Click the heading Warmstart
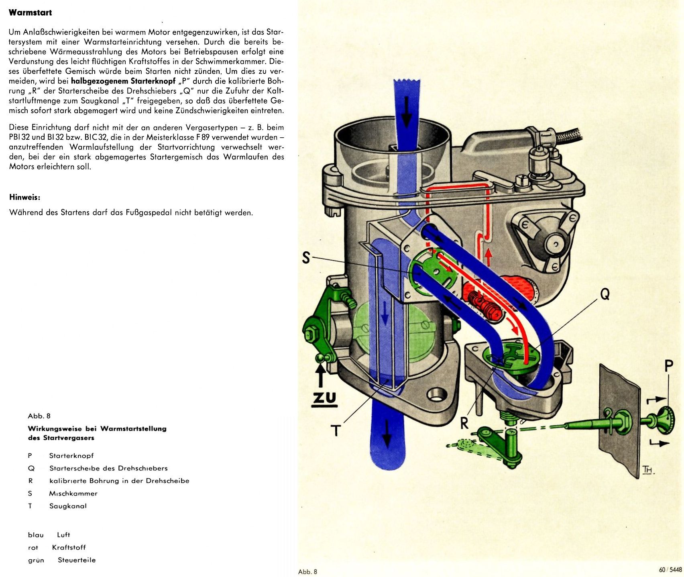[30, 12]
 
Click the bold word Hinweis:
[24, 198]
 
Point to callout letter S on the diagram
[306, 258]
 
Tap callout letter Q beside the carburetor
[605, 294]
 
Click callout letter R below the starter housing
[464, 423]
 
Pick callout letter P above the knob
[668, 366]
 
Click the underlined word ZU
[325, 398]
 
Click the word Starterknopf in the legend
[71, 456]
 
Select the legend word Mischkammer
[73, 493]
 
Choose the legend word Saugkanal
[68, 506]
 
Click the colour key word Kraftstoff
[69, 547]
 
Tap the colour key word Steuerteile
[77, 560]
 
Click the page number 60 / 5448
[670, 570]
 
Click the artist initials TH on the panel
[647, 469]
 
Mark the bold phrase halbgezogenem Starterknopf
[123, 81]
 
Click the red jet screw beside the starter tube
[484, 304]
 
